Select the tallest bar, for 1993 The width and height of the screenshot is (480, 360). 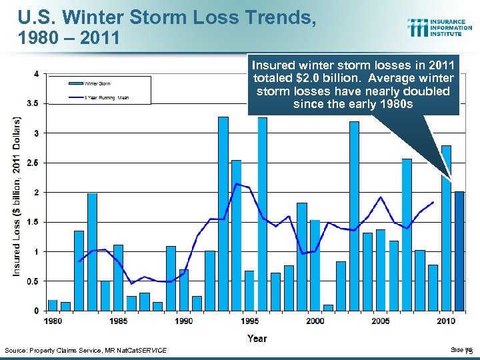tap(223, 213)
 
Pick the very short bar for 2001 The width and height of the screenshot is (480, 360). tap(328, 307)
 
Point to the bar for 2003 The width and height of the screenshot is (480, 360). tap(354, 216)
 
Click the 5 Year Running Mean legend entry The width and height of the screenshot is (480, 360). tap(105, 98)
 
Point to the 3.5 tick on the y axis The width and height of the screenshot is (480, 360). tap(31, 103)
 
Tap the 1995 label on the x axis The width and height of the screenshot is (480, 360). tap(249, 321)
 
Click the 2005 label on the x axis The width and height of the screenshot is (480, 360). tap(380, 321)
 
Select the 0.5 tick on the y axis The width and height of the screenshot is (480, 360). tap(31, 281)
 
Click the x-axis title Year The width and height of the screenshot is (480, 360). tap(257, 339)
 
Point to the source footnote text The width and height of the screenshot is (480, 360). tap(86, 351)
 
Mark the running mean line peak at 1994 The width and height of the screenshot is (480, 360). tap(237, 183)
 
